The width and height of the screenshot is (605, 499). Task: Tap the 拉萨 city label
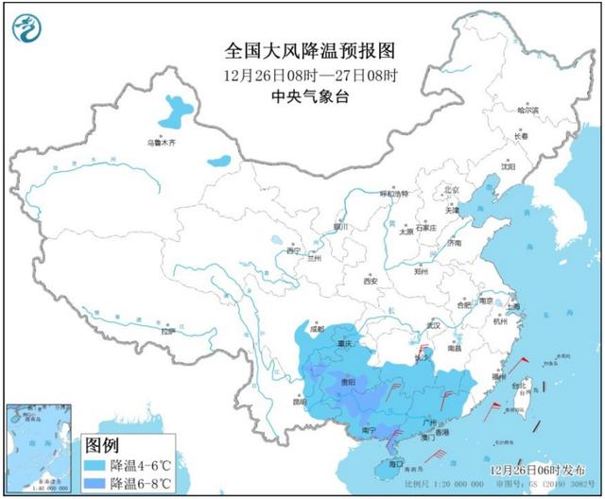pos(167,331)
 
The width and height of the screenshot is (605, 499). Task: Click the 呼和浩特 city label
pos(392,193)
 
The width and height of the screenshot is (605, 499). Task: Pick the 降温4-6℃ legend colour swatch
pos(96,467)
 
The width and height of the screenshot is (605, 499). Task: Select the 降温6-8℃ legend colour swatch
pos(96,484)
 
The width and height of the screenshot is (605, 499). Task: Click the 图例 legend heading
pos(103,444)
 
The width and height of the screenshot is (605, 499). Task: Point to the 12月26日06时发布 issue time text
pos(535,469)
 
